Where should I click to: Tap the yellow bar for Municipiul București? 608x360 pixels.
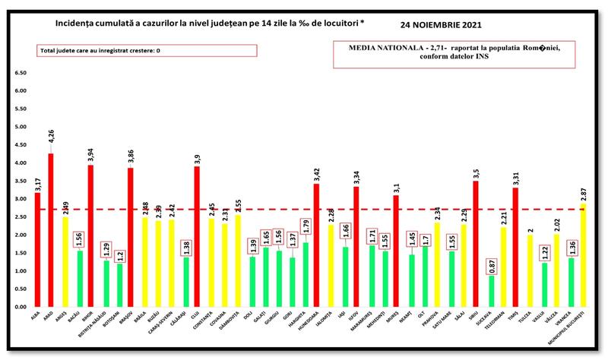583,255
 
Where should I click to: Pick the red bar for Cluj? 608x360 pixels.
197,236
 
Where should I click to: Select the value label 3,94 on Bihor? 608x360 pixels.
90,155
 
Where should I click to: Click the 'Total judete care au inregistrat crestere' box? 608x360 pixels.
110,51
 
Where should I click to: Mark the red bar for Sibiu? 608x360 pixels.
476,244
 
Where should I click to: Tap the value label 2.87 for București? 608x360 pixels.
583,192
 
